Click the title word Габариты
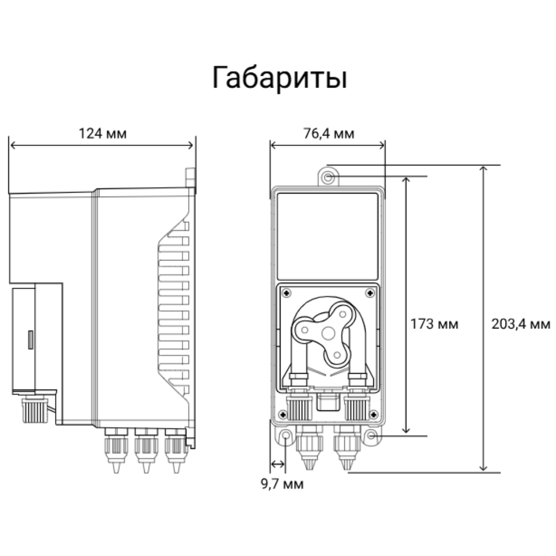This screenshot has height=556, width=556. point(280,78)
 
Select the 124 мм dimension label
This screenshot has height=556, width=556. point(102,134)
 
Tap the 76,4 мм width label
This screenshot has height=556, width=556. point(328,134)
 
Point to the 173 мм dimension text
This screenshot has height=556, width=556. point(434,324)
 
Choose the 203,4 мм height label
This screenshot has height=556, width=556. point(521,324)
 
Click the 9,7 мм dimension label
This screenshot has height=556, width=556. point(282,484)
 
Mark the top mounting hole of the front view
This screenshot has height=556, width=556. point(328,177)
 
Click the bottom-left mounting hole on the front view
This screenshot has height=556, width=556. point(285,435)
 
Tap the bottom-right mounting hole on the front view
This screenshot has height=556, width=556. point(371,435)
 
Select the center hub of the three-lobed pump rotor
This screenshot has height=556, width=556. point(328,333)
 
